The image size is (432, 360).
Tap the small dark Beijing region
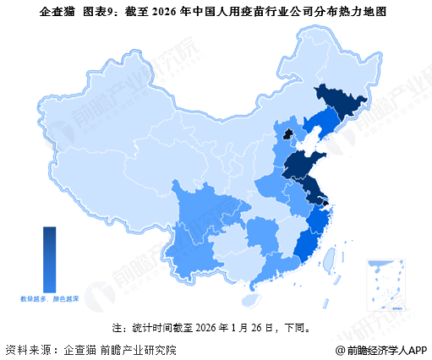[287, 134]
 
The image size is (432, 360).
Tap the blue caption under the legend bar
[50, 298]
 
